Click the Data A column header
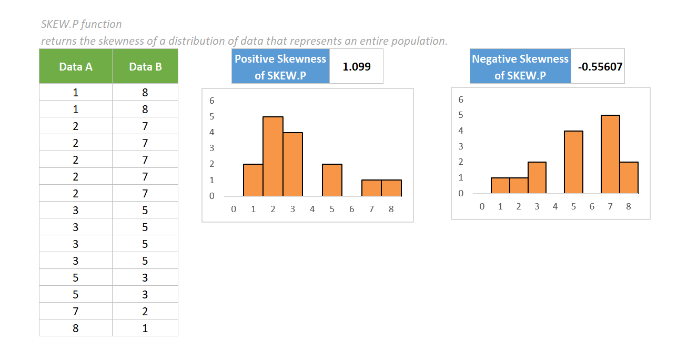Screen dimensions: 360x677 point(76,66)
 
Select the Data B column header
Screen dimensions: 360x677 point(145,66)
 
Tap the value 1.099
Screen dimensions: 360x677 point(356,67)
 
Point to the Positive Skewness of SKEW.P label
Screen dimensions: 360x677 point(280,67)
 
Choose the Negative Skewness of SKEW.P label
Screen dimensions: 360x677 point(520,67)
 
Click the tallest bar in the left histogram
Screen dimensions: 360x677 point(273,156)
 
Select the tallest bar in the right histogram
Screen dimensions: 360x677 point(610,154)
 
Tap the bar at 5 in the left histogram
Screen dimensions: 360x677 point(332,180)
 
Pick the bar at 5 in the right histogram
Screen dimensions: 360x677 point(573,162)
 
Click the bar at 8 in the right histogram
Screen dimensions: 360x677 point(629,178)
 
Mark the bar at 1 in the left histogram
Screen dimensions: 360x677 point(253,180)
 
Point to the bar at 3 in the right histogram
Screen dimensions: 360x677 point(537,178)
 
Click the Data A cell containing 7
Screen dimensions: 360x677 point(76,311)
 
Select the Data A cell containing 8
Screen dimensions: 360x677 point(76,328)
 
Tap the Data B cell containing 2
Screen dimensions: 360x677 point(145,311)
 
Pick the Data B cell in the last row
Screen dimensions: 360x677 point(145,328)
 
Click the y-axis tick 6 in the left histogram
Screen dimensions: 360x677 point(212,100)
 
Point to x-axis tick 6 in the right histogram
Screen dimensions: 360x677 point(592,206)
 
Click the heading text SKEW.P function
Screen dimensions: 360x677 point(82,24)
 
